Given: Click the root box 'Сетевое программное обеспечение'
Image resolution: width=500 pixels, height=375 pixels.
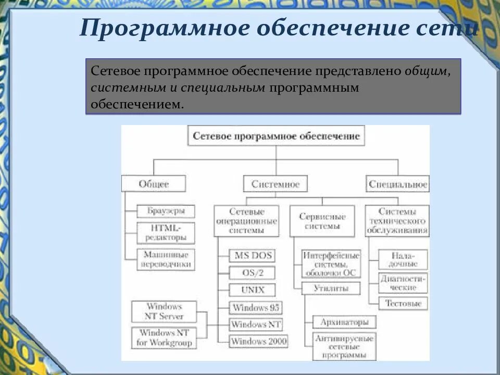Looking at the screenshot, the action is (276, 136).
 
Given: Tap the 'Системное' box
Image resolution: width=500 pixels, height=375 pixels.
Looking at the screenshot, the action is (275, 184).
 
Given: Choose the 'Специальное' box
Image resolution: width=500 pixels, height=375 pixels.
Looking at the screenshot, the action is (397, 184).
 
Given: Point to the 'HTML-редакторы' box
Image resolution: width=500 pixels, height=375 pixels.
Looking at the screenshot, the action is (165, 233).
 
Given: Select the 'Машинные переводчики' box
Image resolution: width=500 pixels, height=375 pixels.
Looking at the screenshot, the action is (165, 259).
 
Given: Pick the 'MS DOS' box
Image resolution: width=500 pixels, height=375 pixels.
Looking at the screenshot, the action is (252, 256).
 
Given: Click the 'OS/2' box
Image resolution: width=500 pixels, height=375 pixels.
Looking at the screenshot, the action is (252, 273).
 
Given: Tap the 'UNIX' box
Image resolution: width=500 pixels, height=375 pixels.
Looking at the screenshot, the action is (252, 290).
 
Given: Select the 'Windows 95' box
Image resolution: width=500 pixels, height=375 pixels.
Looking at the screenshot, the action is (256, 307).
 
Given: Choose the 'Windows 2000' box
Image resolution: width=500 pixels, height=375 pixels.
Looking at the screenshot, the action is (259, 342).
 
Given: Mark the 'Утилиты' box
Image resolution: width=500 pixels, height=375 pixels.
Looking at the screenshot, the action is (330, 288).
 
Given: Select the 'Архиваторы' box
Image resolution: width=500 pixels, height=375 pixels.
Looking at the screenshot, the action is (344, 321).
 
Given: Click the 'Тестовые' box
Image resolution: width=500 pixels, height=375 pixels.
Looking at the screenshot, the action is (403, 303).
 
